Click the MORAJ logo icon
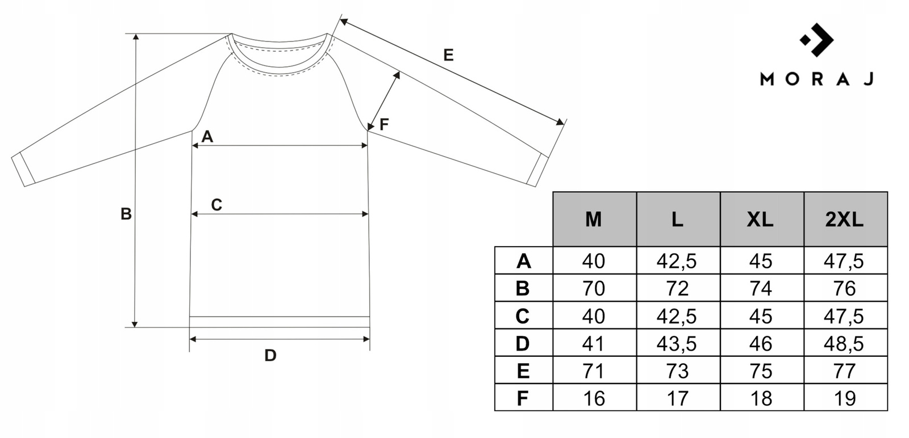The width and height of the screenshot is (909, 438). click(x=817, y=40)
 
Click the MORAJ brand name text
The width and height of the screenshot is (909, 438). click(x=816, y=79)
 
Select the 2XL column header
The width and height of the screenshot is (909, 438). click(x=845, y=219)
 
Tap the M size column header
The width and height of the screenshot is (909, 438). click(x=594, y=219)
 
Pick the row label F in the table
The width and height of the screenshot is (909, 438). click(x=523, y=398)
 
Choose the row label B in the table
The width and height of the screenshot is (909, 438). click(x=523, y=289)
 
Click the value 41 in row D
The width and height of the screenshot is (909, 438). click(x=594, y=344)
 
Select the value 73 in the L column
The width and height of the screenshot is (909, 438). click(x=677, y=371)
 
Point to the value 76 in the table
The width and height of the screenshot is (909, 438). click(x=845, y=289)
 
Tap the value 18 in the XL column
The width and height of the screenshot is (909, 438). click(x=761, y=398)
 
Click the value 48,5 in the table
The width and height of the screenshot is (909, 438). click(x=845, y=344)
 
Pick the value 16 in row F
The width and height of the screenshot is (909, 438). click(x=594, y=398)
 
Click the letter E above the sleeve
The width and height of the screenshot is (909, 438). click(x=448, y=56)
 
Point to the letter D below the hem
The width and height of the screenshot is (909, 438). click(x=270, y=356)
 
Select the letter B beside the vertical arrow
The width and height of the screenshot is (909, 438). click(x=126, y=214)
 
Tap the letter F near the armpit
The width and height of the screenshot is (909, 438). click(x=384, y=124)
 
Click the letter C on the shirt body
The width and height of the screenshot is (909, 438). click(x=216, y=205)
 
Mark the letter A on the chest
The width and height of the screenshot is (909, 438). click(x=207, y=137)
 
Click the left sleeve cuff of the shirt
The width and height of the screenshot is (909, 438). click(x=23, y=170)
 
